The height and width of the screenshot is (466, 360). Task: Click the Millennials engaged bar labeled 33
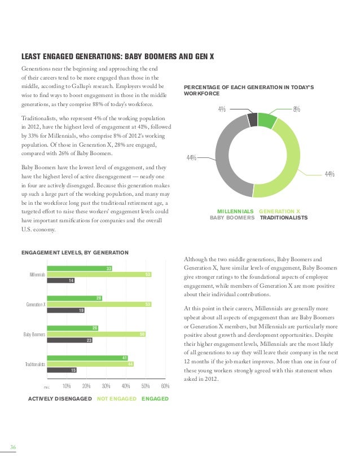pos(79,268)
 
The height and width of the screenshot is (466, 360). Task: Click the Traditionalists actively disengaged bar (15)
pos(62,370)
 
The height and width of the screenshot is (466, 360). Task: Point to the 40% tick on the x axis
pos(126,386)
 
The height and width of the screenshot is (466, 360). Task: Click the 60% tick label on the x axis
pos(165,386)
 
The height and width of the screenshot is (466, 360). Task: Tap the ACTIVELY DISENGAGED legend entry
pos(60,399)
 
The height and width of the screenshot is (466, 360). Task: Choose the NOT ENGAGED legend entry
pos(117,399)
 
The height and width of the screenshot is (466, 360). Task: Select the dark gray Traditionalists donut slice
pos(253,120)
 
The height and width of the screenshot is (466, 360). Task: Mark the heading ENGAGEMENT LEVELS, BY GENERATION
pos(74,252)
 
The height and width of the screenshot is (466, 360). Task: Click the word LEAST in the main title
pos(31,56)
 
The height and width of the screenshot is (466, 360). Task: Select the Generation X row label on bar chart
pos(36,305)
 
